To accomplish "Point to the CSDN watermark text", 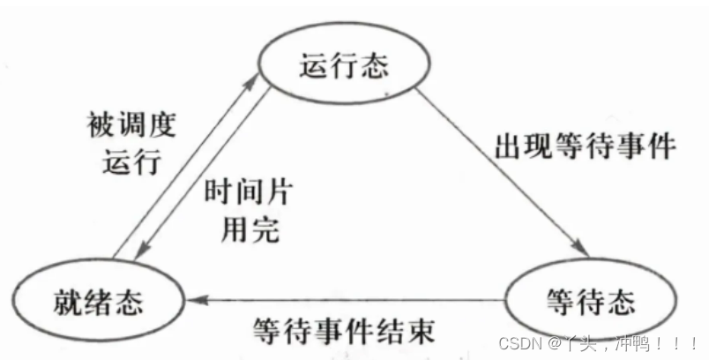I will (599, 341).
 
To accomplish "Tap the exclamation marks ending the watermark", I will (683, 341).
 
